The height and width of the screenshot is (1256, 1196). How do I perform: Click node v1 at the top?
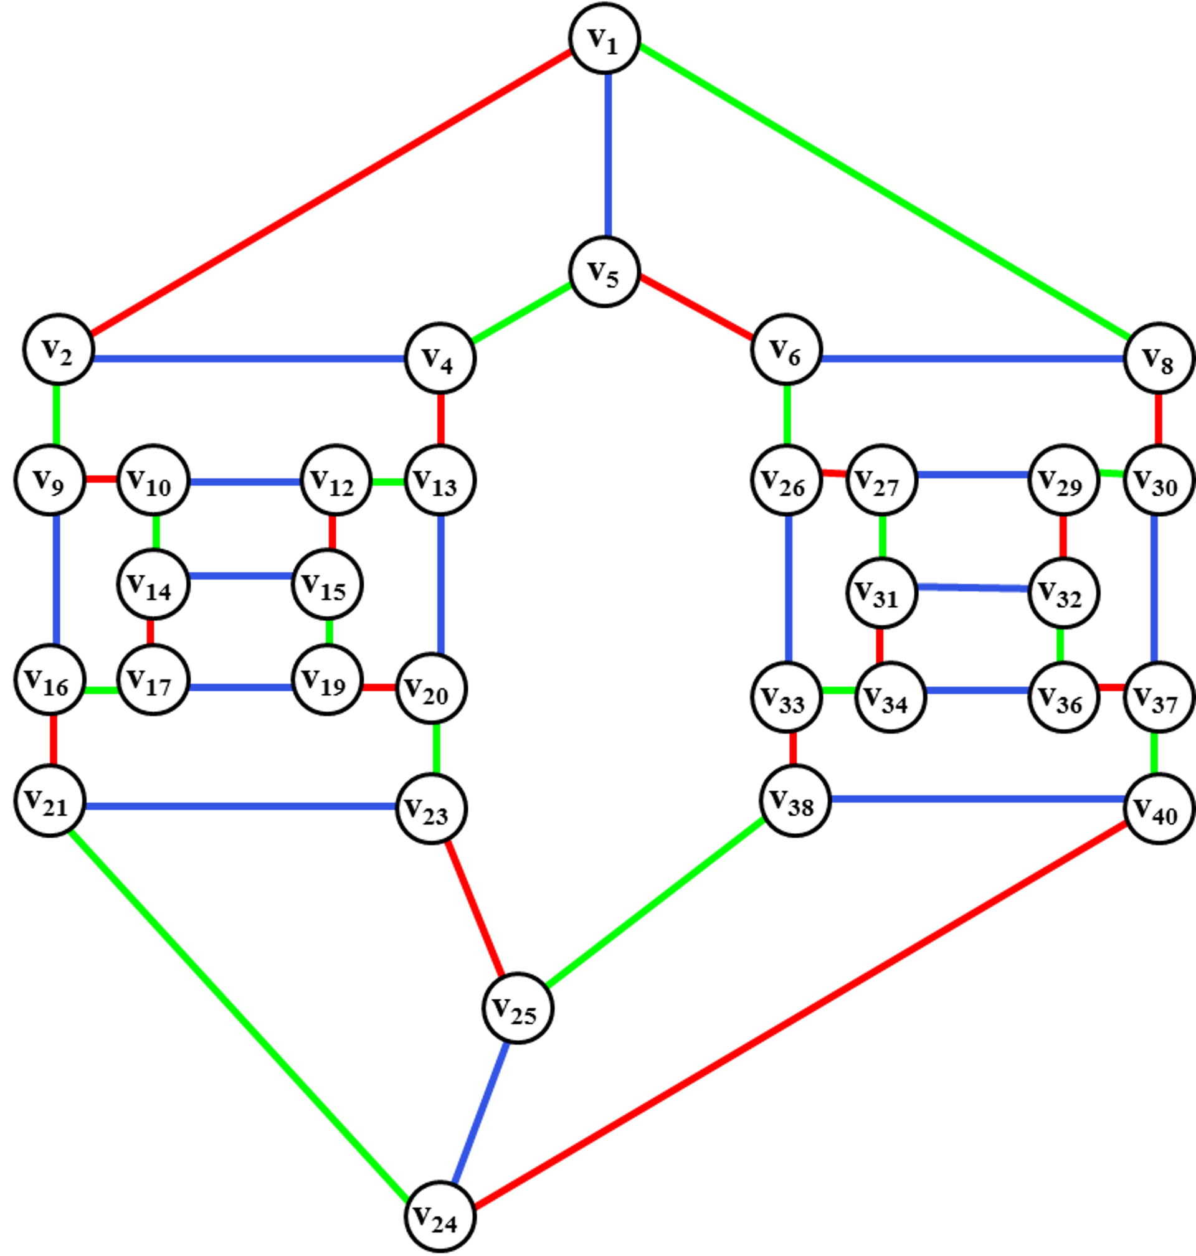pos(604,38)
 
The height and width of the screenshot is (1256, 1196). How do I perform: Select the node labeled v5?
pos(604,272)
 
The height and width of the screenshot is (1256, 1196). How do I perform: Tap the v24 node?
pos(440,1217)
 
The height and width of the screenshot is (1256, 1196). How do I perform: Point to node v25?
pos(518,1008)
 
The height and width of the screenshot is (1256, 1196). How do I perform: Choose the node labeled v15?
pos(327,584)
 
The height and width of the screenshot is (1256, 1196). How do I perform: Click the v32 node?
pos(1063,593)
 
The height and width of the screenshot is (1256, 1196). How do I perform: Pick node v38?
pos(795,800)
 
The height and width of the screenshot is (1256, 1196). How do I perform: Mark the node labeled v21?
pos(50,801)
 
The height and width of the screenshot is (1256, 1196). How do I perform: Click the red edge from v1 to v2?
pos(331,194)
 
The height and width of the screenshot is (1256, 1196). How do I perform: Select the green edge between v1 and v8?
pos(885,192)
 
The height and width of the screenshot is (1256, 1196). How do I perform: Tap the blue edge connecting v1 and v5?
pos(608,156)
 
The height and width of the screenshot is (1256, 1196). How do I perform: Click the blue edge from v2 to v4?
pos(249,359)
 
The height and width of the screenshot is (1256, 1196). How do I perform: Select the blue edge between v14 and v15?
pos(240,576)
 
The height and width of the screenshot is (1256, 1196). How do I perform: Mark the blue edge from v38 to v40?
pos(977,798)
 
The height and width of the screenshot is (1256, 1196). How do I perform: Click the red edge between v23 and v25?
pos(475,908)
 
